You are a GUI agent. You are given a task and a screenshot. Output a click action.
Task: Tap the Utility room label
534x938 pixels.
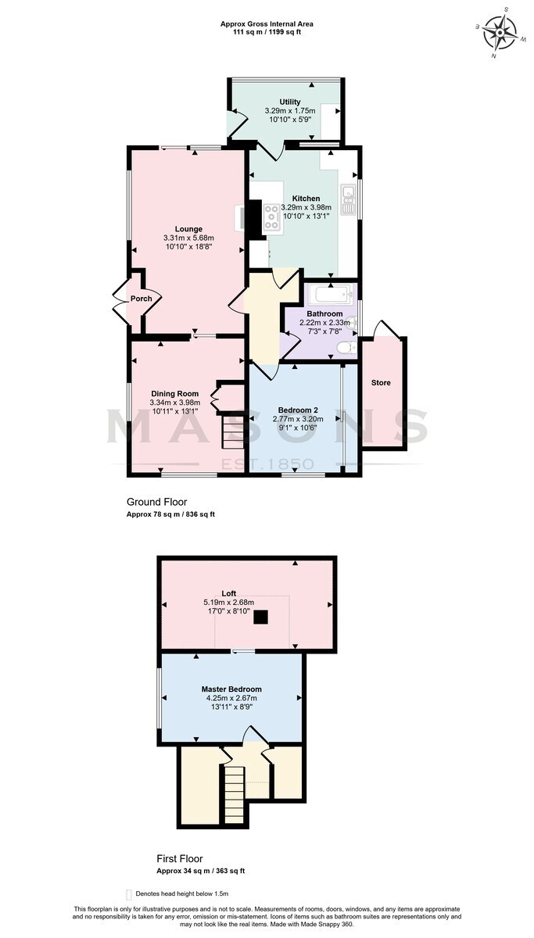tap(290, 102)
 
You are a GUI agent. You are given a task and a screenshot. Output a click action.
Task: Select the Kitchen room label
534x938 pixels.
tap(306, 199)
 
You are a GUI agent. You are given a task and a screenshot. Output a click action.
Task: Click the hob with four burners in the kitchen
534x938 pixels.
tap(272, 217)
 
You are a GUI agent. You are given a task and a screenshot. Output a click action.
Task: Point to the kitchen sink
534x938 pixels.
tap(348, 199)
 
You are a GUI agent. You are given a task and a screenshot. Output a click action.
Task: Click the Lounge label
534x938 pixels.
tap(188, 229)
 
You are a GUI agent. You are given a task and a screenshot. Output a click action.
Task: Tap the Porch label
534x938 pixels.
tap(142, 299)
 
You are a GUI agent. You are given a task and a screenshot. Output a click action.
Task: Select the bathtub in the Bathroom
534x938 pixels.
tap(332, 296)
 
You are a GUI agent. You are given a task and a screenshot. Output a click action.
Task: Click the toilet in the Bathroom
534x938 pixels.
tap(347, 348)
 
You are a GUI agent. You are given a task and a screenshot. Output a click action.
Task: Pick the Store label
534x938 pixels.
tap(381, 383)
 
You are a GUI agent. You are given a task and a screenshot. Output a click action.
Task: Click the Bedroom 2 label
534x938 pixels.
tap(301, 410)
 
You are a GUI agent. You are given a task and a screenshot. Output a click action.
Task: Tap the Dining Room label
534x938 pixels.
tap(174, 394)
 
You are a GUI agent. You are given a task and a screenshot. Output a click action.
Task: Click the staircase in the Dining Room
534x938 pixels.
tap(232, 431)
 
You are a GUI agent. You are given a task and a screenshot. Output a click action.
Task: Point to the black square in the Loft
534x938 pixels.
tap(261, 617)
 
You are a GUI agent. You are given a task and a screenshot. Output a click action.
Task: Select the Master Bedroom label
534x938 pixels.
tap(231, 689)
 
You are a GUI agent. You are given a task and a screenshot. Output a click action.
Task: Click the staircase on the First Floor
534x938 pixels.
tap(234, 793)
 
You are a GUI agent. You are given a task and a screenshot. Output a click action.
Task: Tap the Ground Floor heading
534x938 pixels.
tap(156, 502)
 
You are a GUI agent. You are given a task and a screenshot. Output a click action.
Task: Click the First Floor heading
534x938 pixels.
tap(180, 858)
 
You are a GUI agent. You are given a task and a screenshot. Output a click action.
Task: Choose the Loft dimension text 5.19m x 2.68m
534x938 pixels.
tap(228, 602)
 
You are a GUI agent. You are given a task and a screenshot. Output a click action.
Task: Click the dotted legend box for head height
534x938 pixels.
tap(128, 894)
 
